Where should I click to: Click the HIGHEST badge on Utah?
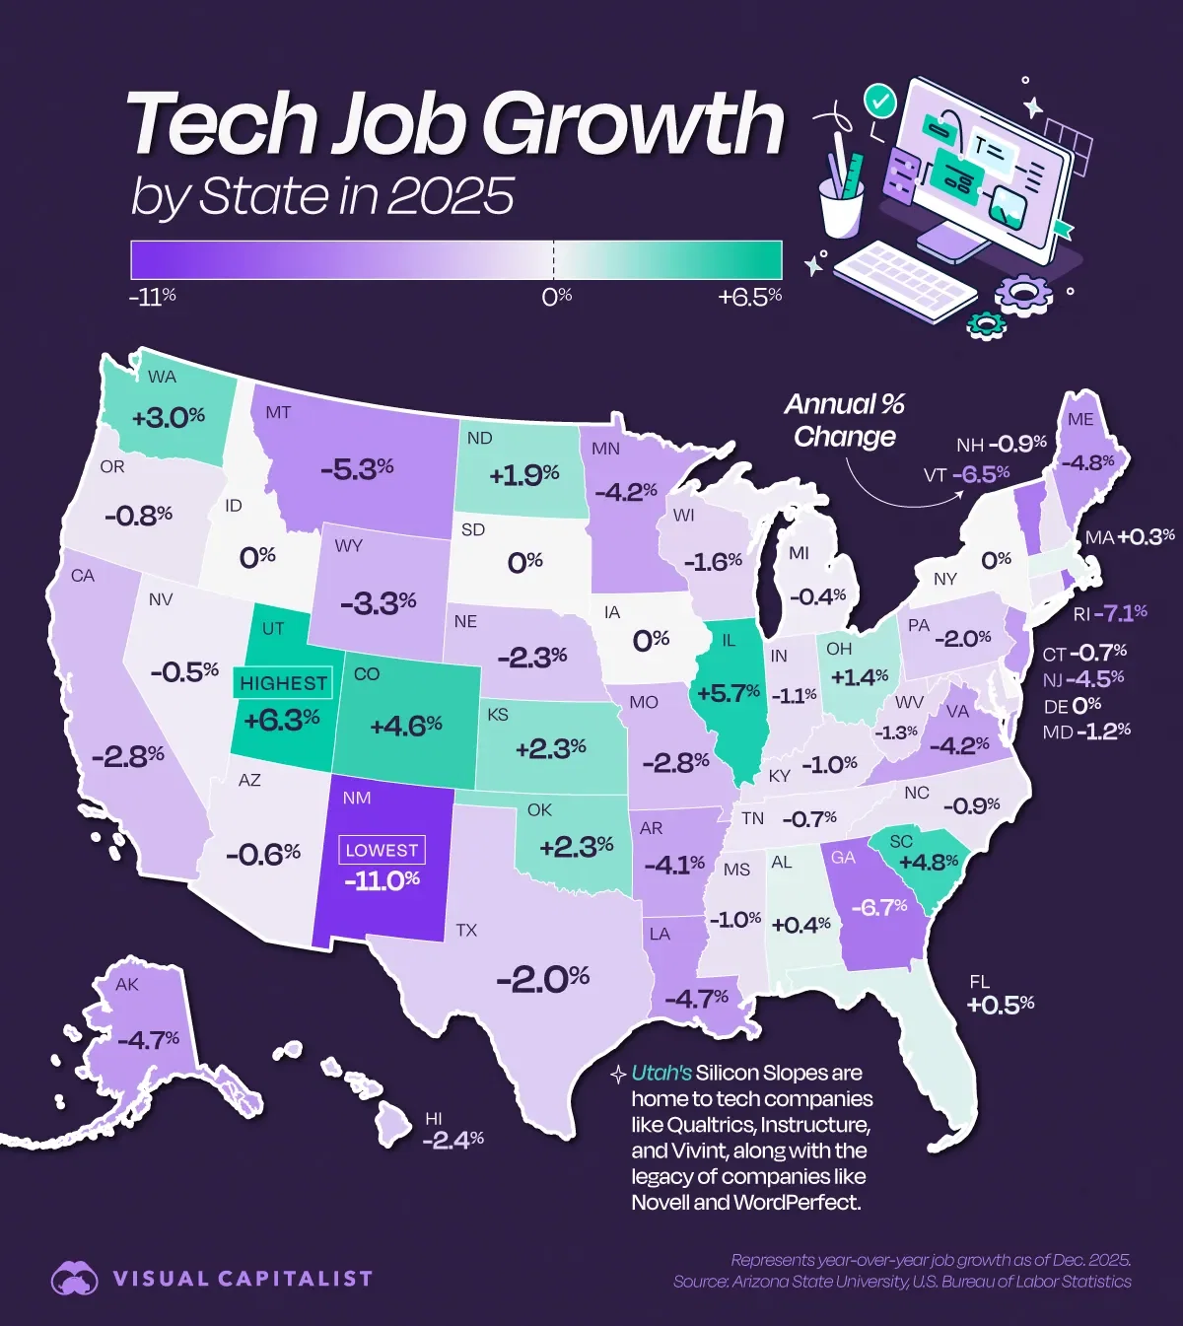pos(283,683)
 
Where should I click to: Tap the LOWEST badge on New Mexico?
pos(382,850)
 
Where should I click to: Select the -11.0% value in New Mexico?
pos(382,879)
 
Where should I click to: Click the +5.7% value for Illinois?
pos(728,693)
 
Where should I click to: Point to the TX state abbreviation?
pos(466,930)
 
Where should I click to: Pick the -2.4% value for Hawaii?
pos(452,1140)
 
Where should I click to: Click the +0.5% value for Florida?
pos(1000,1004)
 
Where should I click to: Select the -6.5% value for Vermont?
pos(980,474)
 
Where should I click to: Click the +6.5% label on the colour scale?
pos(749,297)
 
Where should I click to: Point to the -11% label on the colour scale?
pos(153,297)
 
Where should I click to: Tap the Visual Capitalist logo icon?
pos(75,1279)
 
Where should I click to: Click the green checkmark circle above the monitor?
pos(878,100)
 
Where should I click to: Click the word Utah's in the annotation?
pos(661,1073)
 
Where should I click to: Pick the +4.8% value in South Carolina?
pos(929,862)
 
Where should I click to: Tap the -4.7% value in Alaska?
pos(148,1039)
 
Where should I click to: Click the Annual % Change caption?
pos(845,420)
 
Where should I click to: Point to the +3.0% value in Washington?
pos(168,417)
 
